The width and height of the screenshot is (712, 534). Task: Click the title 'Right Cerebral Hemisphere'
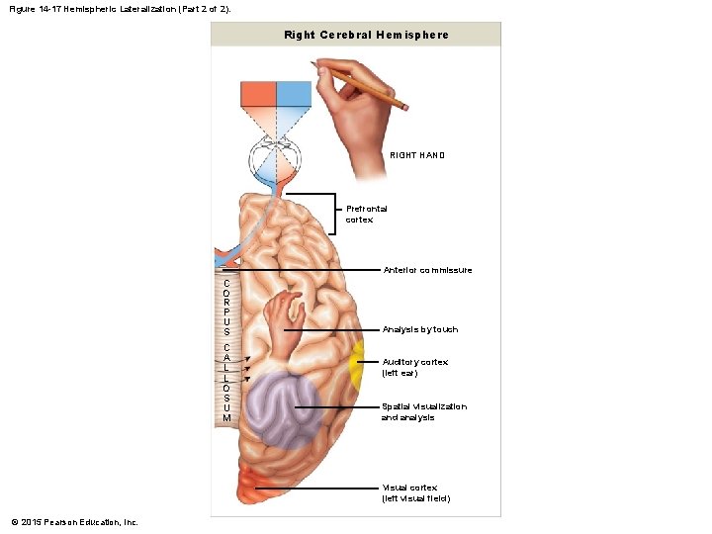tap(366, 35)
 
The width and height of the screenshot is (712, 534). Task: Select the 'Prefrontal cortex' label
tap(366, 214)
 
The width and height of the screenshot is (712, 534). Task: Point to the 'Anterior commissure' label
tap(427, 270)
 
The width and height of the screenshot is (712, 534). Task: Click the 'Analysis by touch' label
tap(420, 329)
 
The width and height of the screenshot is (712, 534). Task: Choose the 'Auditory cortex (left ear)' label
tap(414, 367)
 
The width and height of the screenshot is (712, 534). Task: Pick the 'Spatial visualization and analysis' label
tap(423, 411)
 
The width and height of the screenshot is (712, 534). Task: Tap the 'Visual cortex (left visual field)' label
tap(415, 492)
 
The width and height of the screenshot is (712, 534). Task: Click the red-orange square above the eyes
tap(259, 95)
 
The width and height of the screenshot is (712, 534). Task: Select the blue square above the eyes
tap(294, 95)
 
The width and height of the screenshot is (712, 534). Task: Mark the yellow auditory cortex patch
tap(356, 361)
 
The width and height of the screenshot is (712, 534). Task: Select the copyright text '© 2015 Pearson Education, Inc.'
tap(75, 521)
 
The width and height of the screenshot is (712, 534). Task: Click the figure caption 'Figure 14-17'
tap(41, 8)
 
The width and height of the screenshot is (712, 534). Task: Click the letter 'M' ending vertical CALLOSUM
tap(226, 418)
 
